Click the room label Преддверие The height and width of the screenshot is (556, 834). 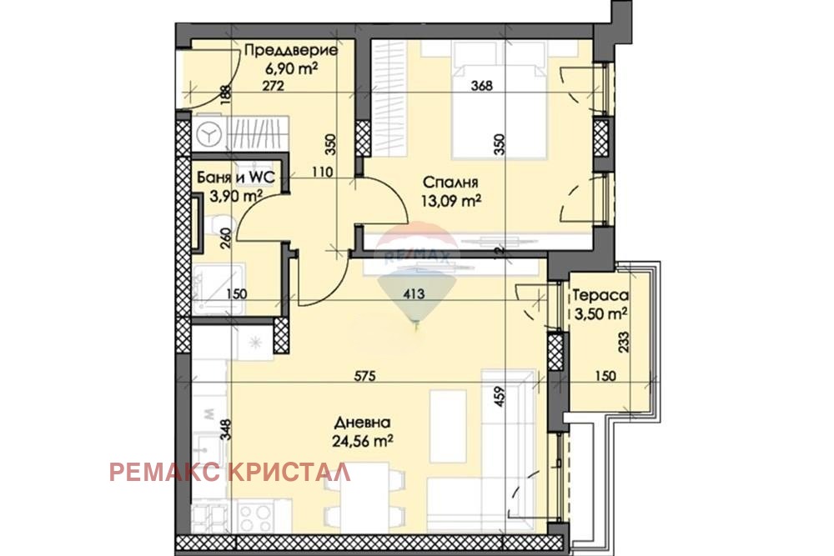(290, 51)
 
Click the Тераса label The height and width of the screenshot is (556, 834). (599, 295)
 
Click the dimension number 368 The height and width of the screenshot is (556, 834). (484, 84)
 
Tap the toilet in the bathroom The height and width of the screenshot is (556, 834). (213, 225)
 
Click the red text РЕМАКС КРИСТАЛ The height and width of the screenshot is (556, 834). (230, 473)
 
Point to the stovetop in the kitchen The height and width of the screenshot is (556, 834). (258, 513)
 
